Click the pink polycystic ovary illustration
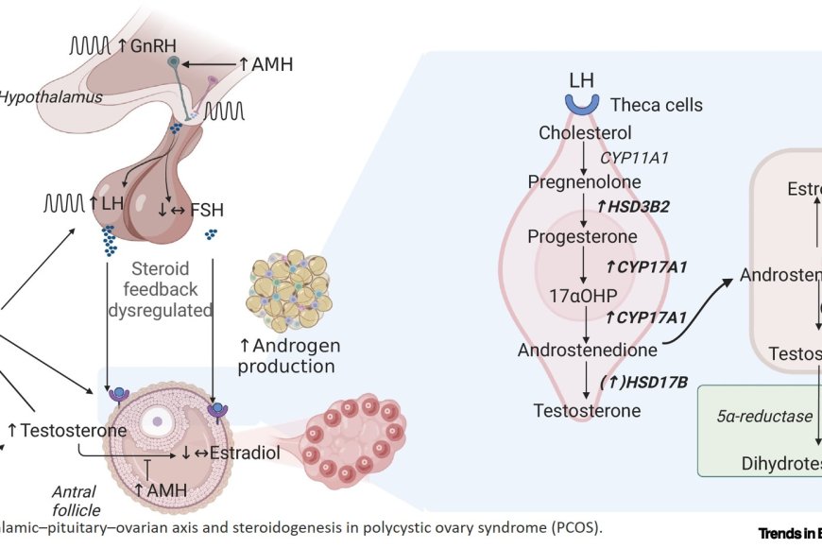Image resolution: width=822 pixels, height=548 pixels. [x=354, y=439]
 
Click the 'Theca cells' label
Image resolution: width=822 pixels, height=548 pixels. [x=656, y=105]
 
